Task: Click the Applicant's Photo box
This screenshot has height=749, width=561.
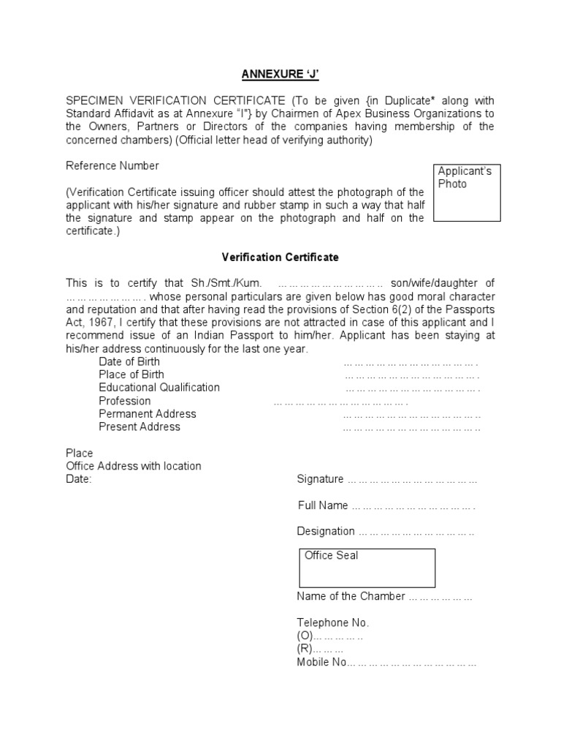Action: (467, 192)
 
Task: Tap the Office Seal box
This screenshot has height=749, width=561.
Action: (366, 568)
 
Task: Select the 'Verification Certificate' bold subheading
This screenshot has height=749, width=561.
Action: (280, 257)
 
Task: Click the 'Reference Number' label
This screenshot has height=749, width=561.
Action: (112, 166)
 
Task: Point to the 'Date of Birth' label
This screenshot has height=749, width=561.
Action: (129, 361)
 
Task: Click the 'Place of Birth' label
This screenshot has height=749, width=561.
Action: (131, 374)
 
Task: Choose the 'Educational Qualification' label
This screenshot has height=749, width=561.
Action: (159, 388)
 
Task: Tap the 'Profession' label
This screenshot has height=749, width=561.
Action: (125, 401)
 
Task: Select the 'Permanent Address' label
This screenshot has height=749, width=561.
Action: (148, 414)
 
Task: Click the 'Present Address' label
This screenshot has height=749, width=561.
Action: (140, 427)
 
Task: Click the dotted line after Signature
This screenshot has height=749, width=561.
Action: (413, 481)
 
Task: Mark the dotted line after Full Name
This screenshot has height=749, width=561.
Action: (413, 506)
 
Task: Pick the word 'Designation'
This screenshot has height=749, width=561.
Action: (326, 532)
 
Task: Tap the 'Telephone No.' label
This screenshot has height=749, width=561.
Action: (333, 623)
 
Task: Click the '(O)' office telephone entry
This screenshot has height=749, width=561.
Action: (305, 636)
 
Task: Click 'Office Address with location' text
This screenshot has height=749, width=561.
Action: (134, 466)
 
